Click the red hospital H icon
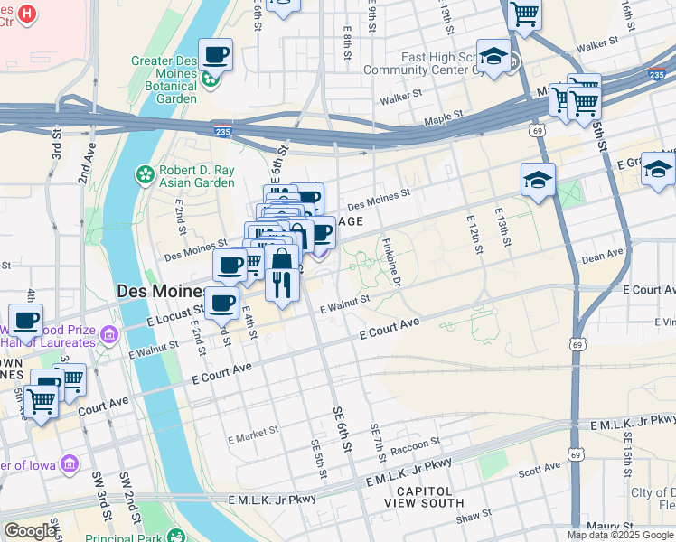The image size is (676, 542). click(28, 14)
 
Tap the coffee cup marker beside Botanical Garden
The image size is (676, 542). click(215, 55)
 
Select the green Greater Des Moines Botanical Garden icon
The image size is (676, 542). click(210, 79)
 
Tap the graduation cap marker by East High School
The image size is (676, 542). click(493, 58)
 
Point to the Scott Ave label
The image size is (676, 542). click(540, 469)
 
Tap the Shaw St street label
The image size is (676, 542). click(473, 517)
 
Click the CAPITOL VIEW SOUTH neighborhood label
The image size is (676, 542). click(424, 496)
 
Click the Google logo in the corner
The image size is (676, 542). click(30, 531)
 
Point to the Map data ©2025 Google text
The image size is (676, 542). click(620, 535)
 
